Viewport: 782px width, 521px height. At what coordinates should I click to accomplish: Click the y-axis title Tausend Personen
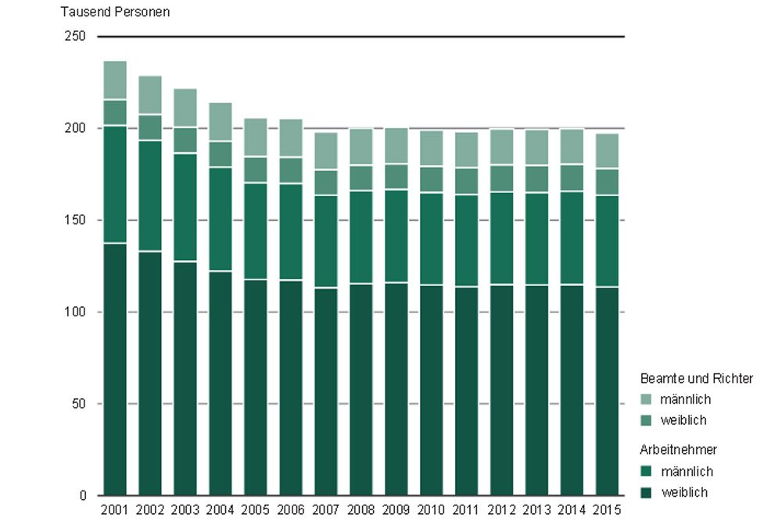pos(115,12)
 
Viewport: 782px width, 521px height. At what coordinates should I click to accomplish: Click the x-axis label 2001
pos(115,511)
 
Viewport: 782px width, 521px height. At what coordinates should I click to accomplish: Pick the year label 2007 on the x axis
pos(325,511)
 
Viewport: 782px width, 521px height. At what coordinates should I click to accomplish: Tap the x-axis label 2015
pos(607,511)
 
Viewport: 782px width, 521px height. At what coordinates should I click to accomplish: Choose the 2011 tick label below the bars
pos(466,511)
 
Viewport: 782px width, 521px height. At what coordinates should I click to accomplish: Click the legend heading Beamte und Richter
pos(697,379)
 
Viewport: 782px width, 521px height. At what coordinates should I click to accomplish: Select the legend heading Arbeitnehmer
pos(679,450)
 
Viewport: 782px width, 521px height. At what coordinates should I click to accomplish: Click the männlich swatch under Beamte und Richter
pos(645,400)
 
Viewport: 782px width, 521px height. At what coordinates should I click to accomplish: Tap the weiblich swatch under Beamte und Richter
pos(645,420)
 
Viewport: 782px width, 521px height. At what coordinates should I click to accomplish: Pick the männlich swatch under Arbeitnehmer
pos(645,472)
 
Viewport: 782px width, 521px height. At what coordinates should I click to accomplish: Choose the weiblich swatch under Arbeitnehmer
pos(645,492)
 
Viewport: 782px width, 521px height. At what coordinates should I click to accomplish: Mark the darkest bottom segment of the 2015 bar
pos(607,391)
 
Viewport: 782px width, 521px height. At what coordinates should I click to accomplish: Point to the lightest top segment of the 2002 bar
pos(150,95)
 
